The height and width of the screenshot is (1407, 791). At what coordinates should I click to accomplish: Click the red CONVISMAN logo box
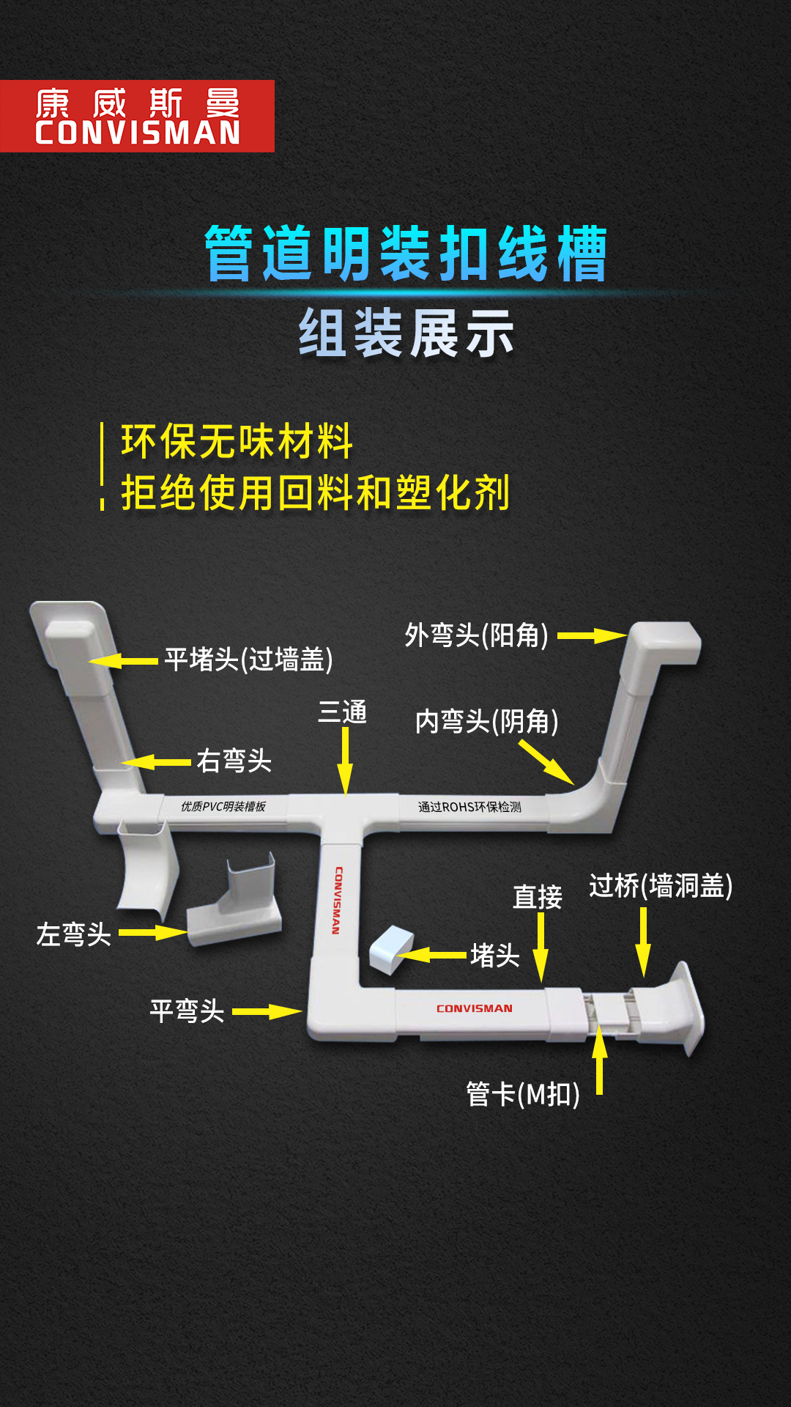[x=137, y=116]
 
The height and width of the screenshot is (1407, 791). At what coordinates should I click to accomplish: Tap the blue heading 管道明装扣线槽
[x=406, y=254]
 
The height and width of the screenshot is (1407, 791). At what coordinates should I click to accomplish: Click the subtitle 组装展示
[x=406, y=333]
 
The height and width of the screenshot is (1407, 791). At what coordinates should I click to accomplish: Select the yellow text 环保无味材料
[x=237, y=441]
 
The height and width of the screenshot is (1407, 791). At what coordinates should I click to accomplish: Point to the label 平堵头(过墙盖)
[x=249, y=660]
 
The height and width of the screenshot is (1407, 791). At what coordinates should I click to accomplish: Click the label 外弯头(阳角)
[x=477, y=635]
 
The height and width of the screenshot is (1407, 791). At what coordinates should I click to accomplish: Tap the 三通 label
[x=342, y=712]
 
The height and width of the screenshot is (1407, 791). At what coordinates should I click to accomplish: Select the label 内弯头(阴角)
[x=487, y=722]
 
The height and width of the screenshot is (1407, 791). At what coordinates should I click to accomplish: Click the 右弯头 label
[x=234, y=761]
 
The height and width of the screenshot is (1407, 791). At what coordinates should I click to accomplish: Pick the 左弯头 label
[x=74, y=934]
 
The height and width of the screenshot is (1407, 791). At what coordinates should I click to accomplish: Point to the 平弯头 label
[x=187, y=1011]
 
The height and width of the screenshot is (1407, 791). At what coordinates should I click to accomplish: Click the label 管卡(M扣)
[x=523, y=1095]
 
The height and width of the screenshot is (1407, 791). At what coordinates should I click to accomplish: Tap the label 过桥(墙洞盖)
[x=661, y=886]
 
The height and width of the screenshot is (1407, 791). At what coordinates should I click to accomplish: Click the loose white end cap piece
[x=391, y=950]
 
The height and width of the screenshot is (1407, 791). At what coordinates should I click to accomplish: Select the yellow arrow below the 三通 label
[x=345, y=761]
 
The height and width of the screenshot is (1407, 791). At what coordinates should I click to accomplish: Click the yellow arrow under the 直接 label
[x=541, y=948]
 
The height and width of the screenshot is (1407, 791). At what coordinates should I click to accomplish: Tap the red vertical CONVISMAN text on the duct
[x=337, y=901]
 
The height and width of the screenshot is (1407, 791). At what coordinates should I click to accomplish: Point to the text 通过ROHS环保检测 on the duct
[x=469, y=807]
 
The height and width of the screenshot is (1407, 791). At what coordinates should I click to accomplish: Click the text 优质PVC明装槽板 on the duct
[x=223, y=807]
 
